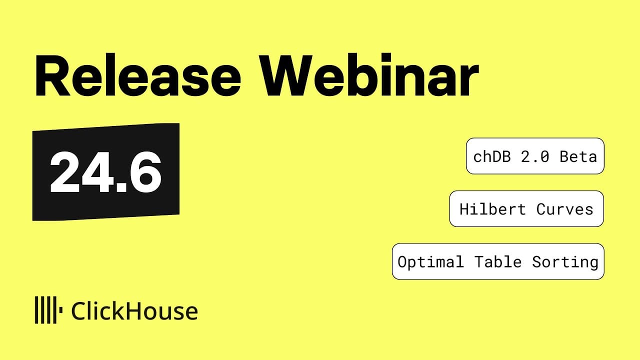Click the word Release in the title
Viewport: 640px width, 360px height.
point(137,74)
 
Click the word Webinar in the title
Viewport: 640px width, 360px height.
point(369,74)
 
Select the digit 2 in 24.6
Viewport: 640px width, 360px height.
point(64,172)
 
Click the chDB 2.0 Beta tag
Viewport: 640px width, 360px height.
point(535,156)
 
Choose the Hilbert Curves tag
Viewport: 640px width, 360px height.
point(526,209)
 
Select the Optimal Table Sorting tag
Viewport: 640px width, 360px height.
point(498,261)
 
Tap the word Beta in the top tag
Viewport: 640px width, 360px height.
point(578,156)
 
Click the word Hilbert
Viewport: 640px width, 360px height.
point(492,209)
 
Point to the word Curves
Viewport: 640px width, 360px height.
point(565,209)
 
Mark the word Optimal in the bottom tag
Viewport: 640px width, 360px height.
point(430,262)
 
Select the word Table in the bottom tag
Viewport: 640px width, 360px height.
point(498,261)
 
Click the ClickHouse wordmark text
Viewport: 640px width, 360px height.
point(134,311)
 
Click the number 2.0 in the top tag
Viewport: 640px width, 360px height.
point(535,156)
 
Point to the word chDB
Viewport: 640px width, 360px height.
point(492,156)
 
